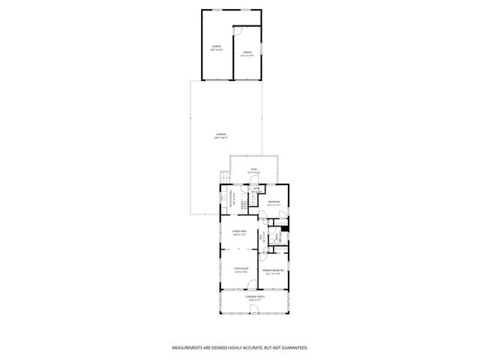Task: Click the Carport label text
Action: point(220,134)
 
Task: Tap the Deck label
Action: point(254,169)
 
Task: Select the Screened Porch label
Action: point(254,297)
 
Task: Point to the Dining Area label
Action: point(239,230)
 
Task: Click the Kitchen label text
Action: point(234,199)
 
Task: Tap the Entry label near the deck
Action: point(256,189)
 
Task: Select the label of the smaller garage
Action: point(246,52)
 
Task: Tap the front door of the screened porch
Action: point(255,314)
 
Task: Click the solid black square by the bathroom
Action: point(285,229)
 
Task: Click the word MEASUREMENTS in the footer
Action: point(190,348)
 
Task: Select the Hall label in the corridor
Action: point(263,238)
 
